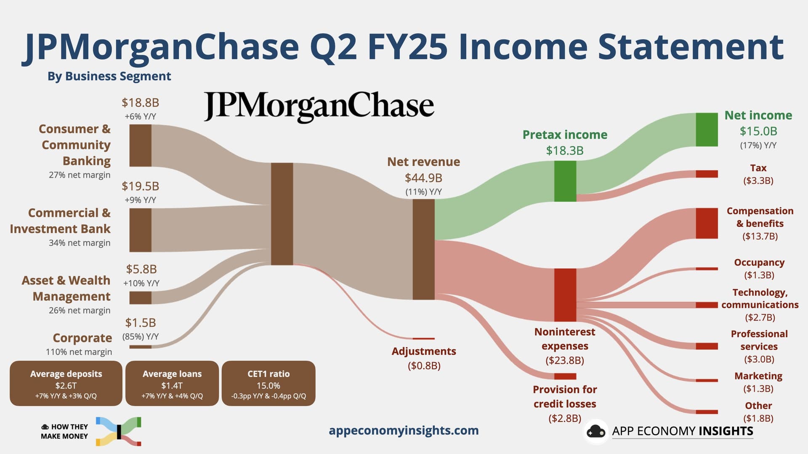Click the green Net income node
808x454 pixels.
coord(707,130)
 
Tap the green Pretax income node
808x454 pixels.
coord(565,181)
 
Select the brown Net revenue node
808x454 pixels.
coord(423,249)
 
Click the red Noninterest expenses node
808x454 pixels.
coord(565,295)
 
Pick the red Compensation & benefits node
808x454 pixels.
coord(707,223)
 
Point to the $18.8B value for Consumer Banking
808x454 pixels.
coord(140,102)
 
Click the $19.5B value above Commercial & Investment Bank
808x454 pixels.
coord(140,186)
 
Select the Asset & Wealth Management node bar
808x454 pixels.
coord(140,298)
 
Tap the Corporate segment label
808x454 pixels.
coord(82,338)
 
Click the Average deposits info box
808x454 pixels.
coord(66,383)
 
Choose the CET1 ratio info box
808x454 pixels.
coord(268,383)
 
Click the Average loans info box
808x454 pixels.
coord(172,383)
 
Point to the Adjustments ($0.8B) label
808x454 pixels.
coord(424,358)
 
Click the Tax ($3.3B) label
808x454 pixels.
coord(758,174)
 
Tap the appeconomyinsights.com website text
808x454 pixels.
coord(404,430)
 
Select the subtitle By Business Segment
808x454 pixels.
coord(109,76)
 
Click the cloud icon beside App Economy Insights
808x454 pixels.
coord(596,432)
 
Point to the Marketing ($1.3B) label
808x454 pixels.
coord(758,382)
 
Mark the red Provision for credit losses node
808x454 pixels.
coord(565,376)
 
